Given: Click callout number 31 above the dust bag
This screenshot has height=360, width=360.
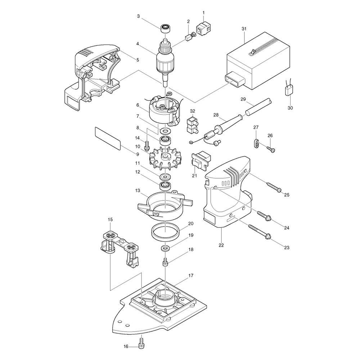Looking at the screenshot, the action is click(244, 29).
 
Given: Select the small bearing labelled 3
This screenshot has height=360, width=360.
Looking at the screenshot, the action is click(165, 28).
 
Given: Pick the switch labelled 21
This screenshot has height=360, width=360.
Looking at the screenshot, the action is click(201, 159).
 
